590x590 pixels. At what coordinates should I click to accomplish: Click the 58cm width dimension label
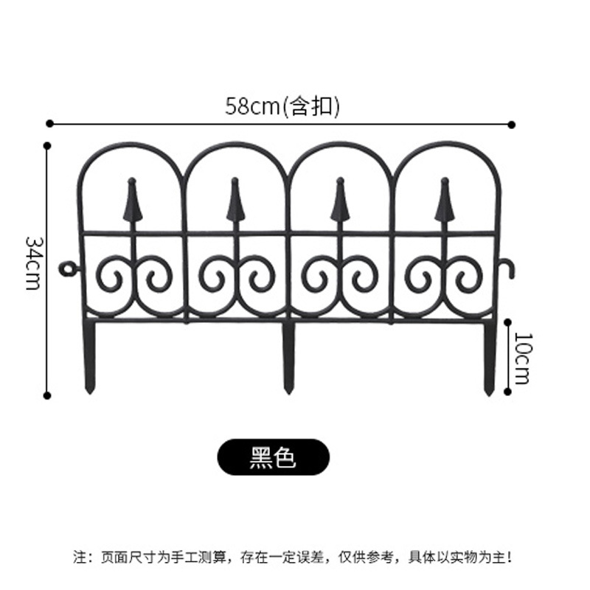point(282,107)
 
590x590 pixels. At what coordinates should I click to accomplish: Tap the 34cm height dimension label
point(33,263)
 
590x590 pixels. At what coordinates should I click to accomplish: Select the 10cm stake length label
point(522,358)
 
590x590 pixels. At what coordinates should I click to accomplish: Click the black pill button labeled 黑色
point(273,457)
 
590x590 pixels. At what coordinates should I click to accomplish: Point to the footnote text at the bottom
point(294,555)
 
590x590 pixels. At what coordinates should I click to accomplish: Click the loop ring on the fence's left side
point(69,268)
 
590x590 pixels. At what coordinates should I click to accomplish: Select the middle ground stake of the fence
point(288,358)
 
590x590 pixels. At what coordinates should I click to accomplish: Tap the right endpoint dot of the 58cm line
point(513,125)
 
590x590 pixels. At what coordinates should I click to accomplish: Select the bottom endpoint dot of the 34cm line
point(47,395)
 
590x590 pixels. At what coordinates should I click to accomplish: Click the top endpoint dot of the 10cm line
point(507,321)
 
